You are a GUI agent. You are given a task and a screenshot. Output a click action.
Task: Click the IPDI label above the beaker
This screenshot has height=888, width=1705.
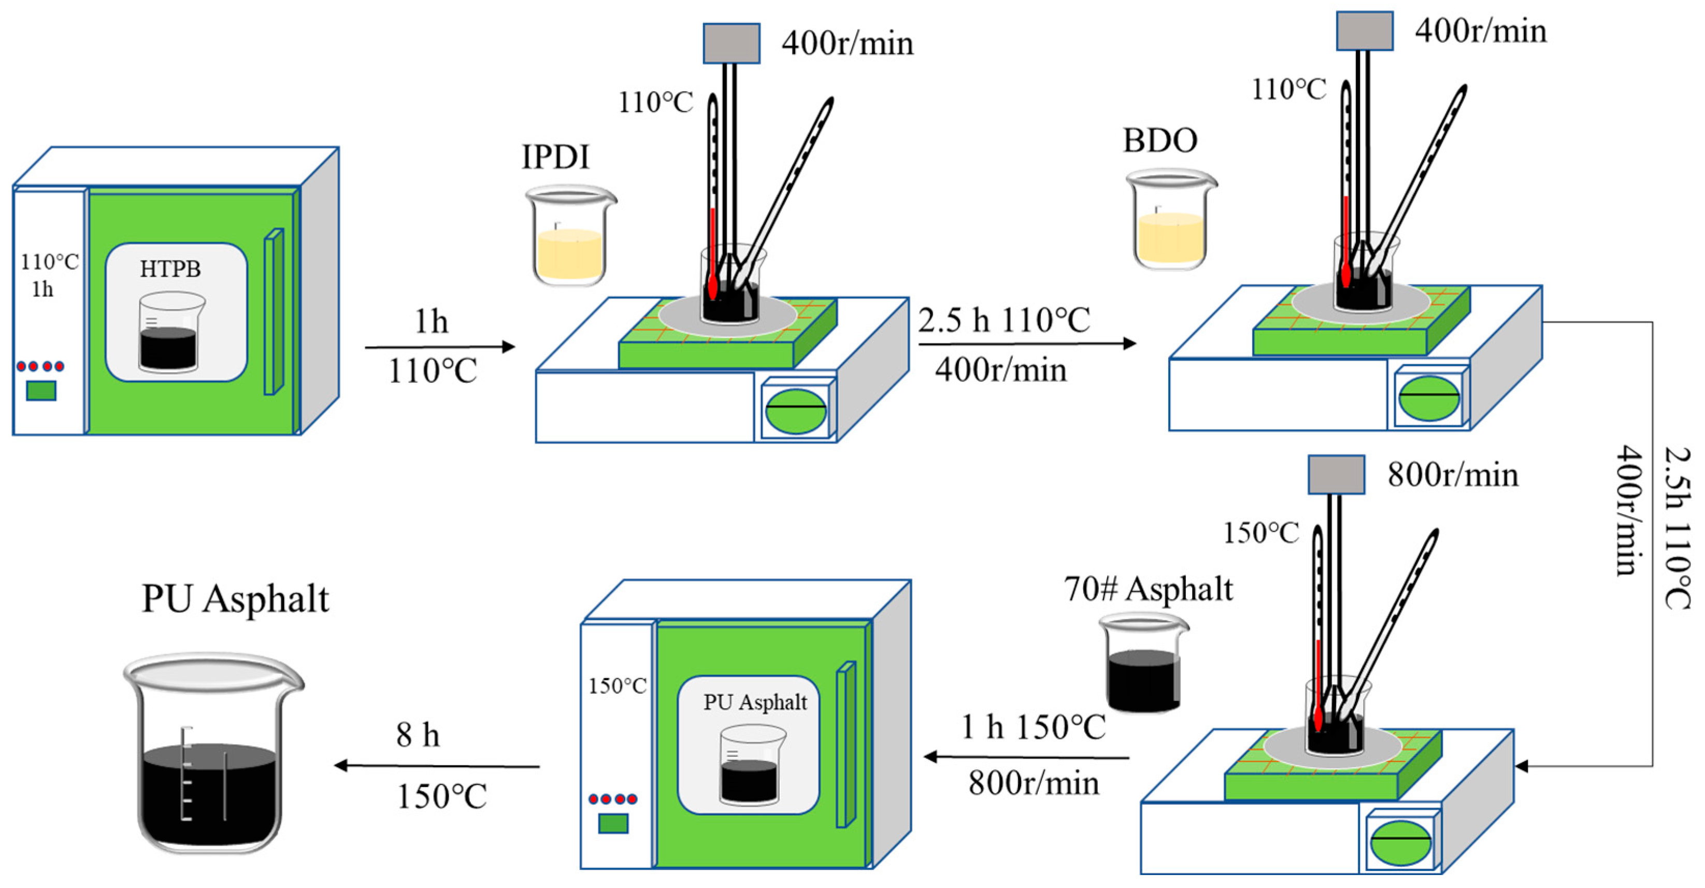555,157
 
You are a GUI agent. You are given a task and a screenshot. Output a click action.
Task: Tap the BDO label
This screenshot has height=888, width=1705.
1159,140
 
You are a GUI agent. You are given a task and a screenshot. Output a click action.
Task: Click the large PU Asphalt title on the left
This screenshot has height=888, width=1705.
235,599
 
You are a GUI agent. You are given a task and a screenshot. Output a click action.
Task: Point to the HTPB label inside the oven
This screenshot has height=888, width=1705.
170,269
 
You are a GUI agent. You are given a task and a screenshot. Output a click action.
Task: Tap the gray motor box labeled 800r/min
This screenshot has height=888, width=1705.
1336,475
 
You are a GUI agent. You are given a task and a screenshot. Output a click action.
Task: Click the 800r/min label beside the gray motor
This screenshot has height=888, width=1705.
1453,475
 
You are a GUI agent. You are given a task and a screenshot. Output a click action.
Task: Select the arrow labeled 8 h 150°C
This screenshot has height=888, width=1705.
437,766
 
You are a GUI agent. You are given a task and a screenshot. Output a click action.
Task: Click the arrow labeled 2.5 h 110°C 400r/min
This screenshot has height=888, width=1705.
1026,343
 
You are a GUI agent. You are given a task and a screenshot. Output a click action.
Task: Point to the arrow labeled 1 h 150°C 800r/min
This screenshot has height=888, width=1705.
1026,757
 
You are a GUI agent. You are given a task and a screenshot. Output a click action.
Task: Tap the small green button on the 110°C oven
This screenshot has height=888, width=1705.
41,391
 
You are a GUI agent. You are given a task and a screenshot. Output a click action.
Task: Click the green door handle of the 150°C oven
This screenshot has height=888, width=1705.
845,744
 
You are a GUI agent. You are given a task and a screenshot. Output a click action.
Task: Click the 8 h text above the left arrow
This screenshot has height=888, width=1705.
418,735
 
